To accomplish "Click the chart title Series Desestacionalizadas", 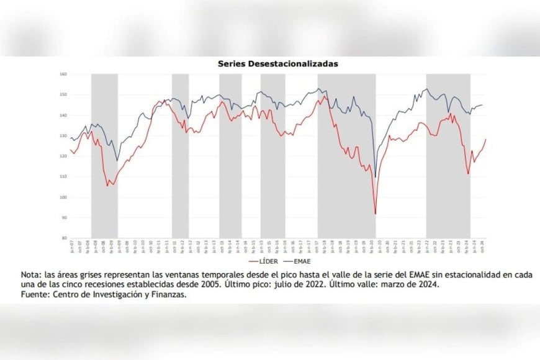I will coord(277,63).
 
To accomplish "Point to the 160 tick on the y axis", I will coord(63,74).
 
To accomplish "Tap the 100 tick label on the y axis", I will coord(63,197).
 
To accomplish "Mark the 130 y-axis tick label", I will coord(63,136).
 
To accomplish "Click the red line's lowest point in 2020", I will coord(376,215).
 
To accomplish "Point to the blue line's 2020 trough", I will coord(376,178).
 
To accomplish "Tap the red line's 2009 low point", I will coord(107,186).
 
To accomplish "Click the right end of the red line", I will coord(486,139).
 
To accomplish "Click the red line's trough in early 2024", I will coord(468,174).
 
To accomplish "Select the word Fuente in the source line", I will coord(35,295).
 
